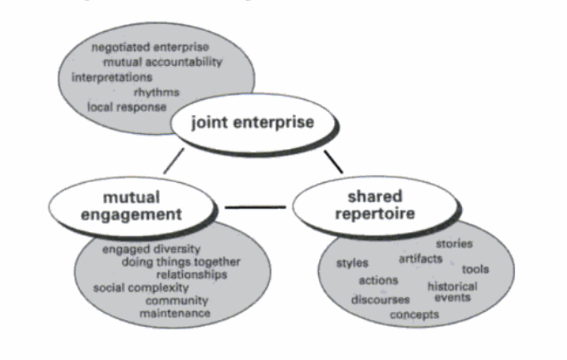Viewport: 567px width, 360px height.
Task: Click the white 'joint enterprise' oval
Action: click(x=252, y=122)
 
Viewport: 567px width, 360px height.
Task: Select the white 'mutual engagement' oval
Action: click(x=132, y=205)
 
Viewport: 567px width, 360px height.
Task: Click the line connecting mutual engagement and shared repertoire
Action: click(x=255, y=207)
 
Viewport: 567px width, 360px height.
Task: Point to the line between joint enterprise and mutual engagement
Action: click(x=174, y=161)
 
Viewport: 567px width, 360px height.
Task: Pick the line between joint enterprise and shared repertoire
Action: click(x=334, y=161)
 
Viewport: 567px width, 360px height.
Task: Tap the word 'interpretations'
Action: click(x=112, y=77)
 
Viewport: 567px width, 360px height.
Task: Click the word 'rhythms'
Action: click(x=155, y=92)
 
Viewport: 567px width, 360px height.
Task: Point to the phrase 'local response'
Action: click(x=127, y=107)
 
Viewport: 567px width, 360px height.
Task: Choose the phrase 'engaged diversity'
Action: click(x=152, y=249)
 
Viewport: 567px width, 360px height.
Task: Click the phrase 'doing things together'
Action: click(x=181, y=262)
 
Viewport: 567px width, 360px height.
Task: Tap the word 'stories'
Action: click(x=453, y=243)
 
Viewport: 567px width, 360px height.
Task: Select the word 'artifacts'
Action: click(x=420, y=259)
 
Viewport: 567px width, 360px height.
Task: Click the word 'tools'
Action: click(x=475, y=269)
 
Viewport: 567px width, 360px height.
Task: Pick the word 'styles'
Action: click(x=352, y=263)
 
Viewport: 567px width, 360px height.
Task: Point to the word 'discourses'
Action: click(x=380, y=300)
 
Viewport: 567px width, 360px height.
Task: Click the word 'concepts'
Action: click(x=415, y=315)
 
